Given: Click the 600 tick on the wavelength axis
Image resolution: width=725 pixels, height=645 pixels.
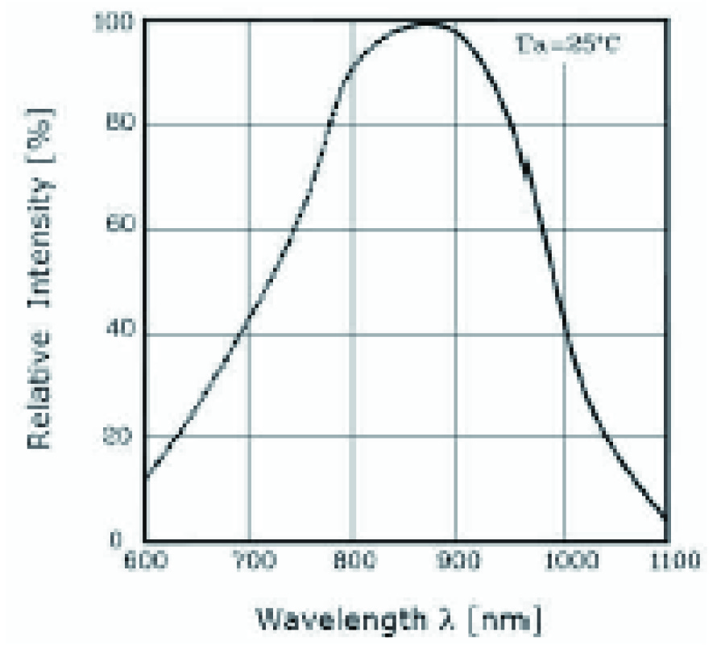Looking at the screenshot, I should (146, 558).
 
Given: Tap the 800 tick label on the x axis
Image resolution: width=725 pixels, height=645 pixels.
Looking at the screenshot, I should (352, 558).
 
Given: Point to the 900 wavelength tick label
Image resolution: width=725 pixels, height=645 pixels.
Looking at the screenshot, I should (456, 558).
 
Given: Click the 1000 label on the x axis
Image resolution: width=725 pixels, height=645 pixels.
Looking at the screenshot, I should (564, 558).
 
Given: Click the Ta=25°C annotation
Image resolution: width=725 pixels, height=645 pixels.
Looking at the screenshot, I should (567, 45).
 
